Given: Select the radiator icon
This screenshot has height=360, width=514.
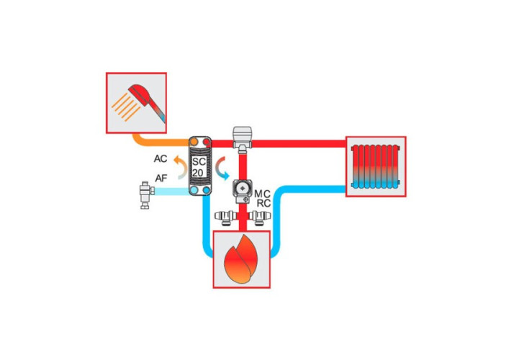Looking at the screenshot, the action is [376, 166].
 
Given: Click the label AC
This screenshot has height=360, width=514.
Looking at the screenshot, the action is [161, 158].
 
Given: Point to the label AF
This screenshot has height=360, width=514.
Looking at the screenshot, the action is [161, 179].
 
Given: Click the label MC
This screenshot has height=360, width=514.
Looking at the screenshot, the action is [262, 194].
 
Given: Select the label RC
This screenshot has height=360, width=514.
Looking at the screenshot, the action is [263, 204].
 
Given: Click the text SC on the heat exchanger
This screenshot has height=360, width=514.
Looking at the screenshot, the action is [199, 161].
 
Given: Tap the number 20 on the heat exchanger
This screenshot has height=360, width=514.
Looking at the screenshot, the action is [198, 173].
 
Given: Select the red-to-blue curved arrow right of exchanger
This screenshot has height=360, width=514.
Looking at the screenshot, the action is [221, 168].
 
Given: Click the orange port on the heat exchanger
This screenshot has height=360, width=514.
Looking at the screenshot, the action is [194, 142].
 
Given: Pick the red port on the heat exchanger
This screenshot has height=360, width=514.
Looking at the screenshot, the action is [206, 142].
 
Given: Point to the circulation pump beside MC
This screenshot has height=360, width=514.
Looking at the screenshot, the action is [243, 191].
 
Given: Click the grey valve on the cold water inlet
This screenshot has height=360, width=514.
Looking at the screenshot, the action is [145, 195].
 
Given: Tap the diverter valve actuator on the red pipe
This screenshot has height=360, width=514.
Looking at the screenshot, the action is [243, 138].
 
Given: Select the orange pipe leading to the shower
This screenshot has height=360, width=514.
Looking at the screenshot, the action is [158, 143].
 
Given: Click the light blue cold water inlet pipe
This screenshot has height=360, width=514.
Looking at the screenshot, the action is [171, 191].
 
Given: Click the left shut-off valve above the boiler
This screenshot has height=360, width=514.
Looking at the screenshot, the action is [226, 217].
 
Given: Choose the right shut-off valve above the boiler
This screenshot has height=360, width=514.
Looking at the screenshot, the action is [259, 217].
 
